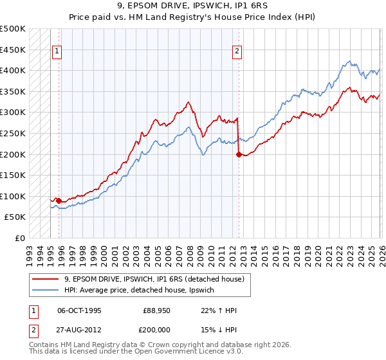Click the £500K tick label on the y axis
(13, 29)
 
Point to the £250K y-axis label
(13, 133)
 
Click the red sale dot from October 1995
(59, 201)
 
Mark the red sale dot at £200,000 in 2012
(239, 154)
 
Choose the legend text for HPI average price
(143, 291)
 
